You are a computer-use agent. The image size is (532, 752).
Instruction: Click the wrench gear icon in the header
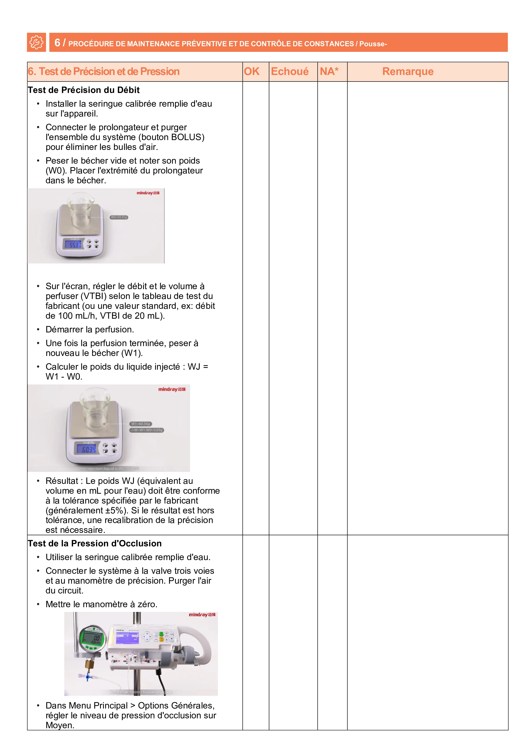pyautogui.click(x=36, y=42)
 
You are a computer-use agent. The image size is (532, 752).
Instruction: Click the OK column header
pyautogui.click(x=252, y=71)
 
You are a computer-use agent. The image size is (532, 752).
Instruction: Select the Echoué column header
pyautogui.click(x=290, y=71)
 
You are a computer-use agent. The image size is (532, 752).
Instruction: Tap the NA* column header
pyautogui.click(x=329, y=71)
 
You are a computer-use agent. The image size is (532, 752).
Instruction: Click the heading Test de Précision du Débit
pyautogui.click(x=84, y=90)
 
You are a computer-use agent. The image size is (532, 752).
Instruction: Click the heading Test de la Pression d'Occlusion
pyautogui.click(x=95, y=543)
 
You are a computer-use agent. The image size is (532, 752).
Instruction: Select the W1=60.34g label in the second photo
pyautogui.click(x=141, y=424)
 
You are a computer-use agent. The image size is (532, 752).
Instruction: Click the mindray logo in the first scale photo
pyautogui.click(x=148, y=193)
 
